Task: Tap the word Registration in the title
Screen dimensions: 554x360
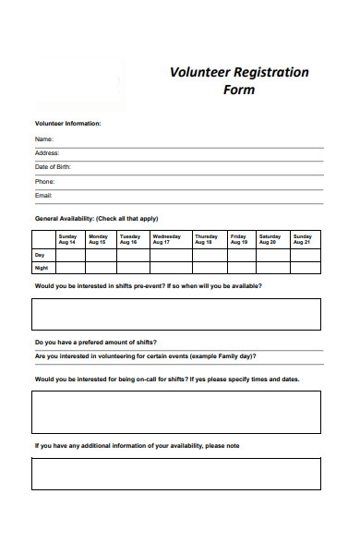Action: click(270, 72)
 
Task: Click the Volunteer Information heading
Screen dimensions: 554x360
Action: click(68, 123)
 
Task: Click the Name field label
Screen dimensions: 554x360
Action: click(44, 138)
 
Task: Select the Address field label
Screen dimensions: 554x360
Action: click(47, 153)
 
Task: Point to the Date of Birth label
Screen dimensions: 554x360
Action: click(53, 167)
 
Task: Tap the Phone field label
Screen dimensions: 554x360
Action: click(45, 182)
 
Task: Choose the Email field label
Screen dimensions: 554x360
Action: click(44, 196)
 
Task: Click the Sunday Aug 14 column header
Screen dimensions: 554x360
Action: click(68, 238)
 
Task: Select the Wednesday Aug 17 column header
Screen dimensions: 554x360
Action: click(167, 238)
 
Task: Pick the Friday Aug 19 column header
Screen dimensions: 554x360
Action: click(238, 238)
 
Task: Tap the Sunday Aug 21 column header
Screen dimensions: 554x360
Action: click(303, 238)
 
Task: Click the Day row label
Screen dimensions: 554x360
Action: click(40, 254)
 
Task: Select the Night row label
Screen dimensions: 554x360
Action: click(42, 268)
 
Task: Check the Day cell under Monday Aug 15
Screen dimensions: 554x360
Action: click(98, 254)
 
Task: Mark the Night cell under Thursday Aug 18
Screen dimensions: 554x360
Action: click(206, 268)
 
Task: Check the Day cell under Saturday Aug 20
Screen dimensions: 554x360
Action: click(270, 254)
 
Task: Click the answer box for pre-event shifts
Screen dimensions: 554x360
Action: click(176, 314)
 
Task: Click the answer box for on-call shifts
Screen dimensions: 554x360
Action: click(176, 412)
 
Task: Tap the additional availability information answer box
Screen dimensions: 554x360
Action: click(176, 474)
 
